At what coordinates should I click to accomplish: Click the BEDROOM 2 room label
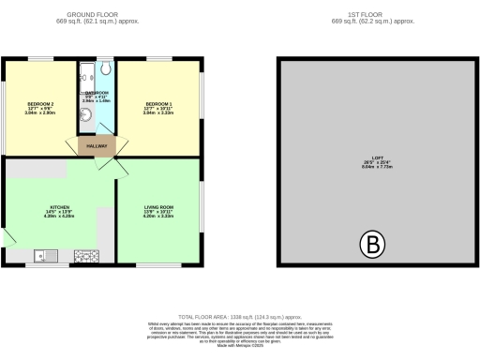click(x=40, y=103)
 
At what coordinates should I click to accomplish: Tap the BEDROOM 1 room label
click(x=157, y=103)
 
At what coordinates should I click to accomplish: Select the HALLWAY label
click(x=97, y=146)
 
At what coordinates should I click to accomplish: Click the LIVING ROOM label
click(x=158, y=209)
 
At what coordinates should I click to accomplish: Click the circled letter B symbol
click(x=373, y=247)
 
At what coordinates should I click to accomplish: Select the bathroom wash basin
click(x=85, y=116)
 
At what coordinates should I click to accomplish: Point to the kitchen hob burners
click(x=86, y=254)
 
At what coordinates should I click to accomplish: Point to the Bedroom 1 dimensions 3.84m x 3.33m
click(x=157, y=112)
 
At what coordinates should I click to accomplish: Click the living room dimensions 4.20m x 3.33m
click(x=158, y=218)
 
